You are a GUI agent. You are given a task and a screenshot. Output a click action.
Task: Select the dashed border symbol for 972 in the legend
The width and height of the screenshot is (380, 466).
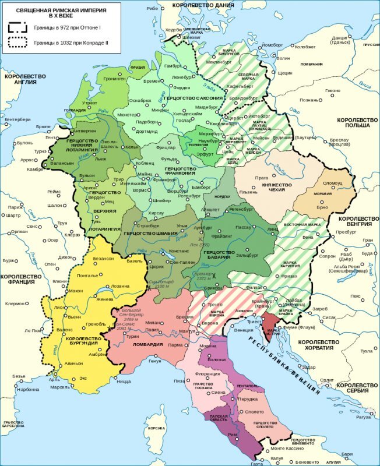(x=19, y=27)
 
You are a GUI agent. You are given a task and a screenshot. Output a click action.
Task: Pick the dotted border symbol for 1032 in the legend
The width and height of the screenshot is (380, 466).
(x=19, y=43)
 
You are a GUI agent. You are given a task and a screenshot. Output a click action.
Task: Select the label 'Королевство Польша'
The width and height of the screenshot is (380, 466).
(x=353, y=122)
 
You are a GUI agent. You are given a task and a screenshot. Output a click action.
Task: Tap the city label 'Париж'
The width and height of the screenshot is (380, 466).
(x=16, y=207)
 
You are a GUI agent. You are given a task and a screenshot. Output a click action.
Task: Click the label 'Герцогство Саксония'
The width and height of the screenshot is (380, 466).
(x=189, y=98)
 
